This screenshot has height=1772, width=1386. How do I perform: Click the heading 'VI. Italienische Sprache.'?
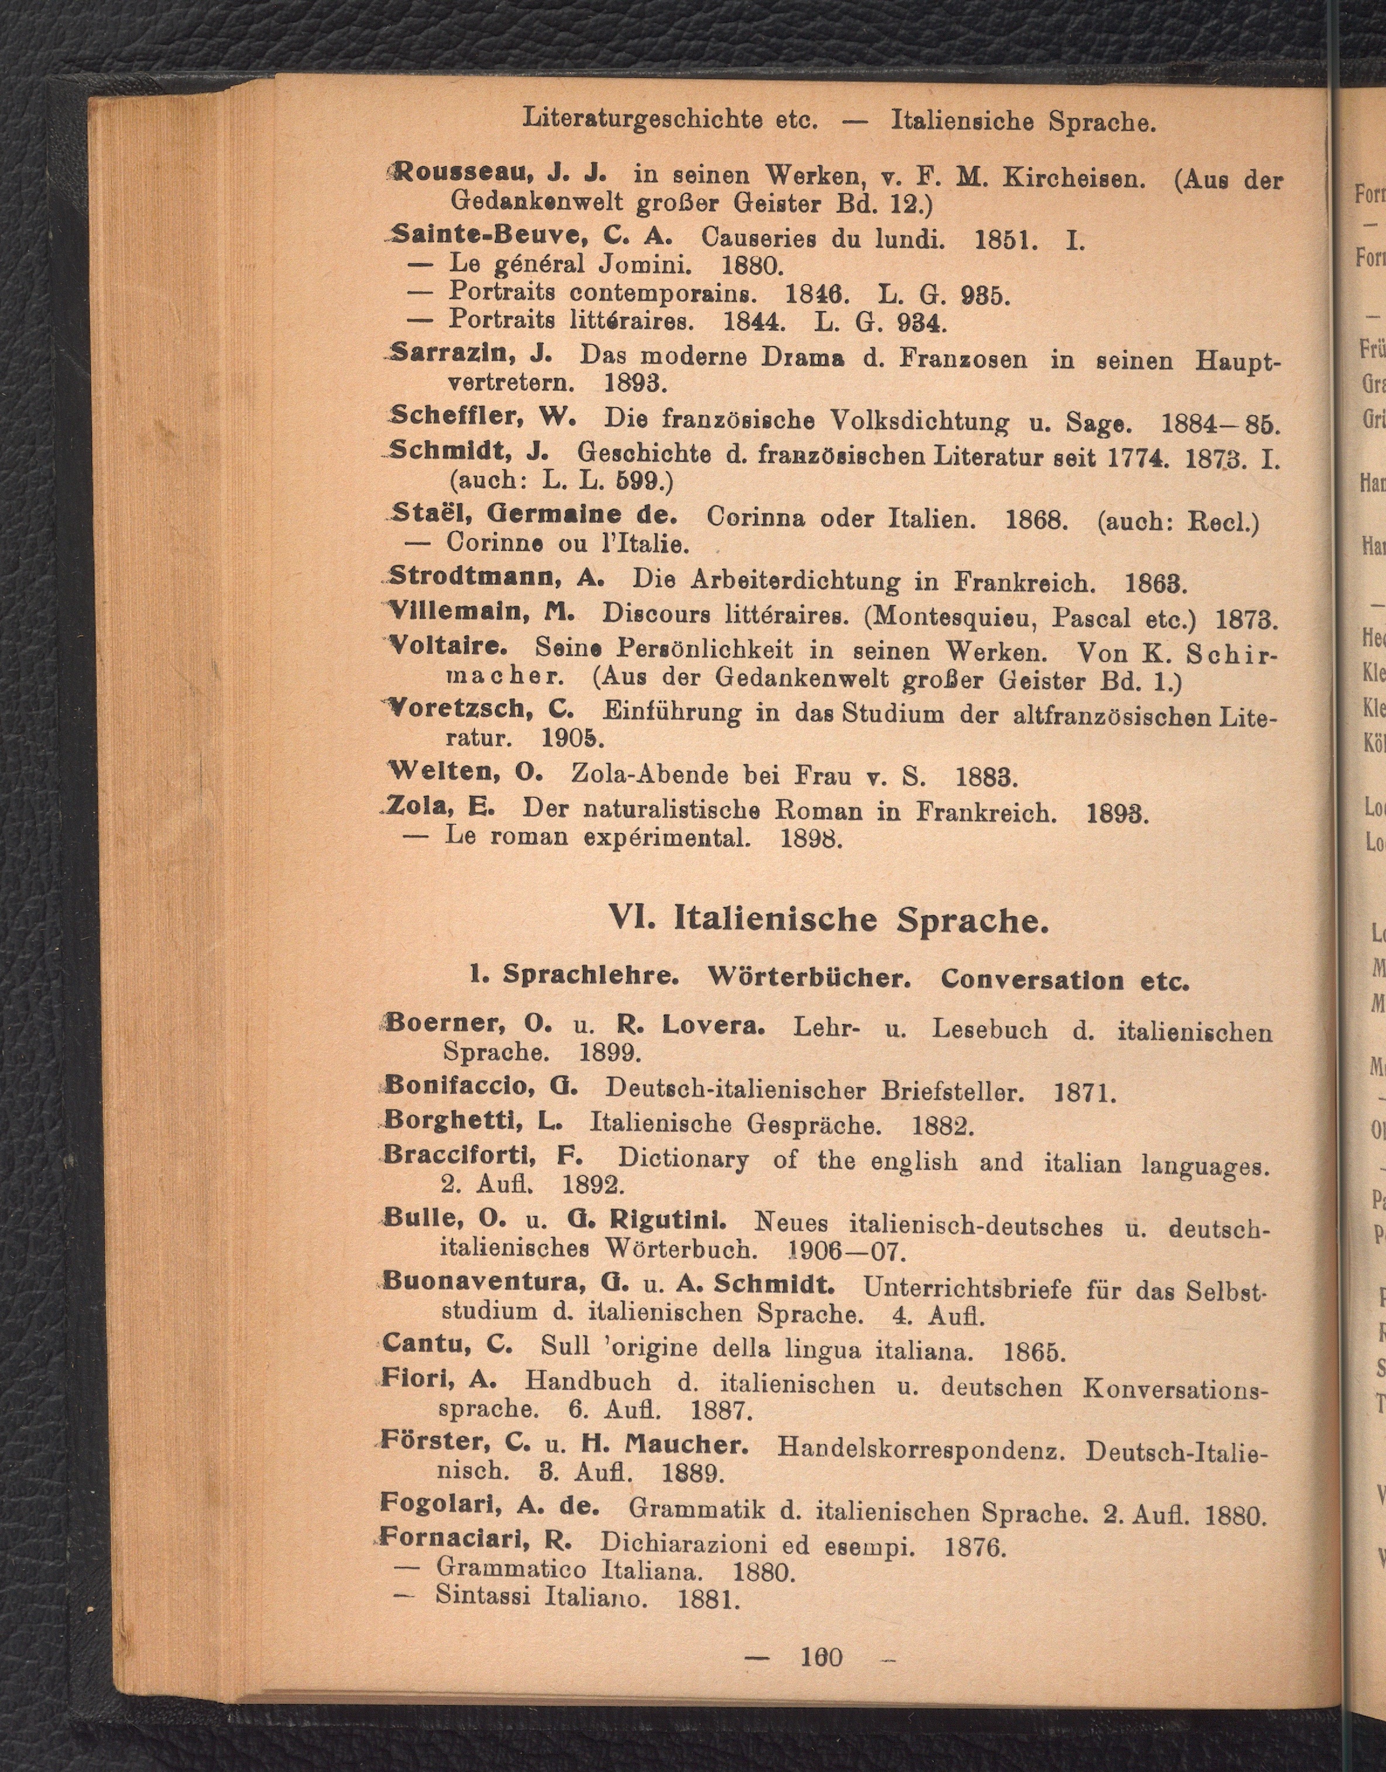[828, 920]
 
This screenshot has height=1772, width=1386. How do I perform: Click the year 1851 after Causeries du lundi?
[1004, 240]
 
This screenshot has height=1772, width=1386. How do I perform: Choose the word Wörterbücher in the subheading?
[809, 977]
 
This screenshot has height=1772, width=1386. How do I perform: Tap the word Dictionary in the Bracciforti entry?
[682, 1159]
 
